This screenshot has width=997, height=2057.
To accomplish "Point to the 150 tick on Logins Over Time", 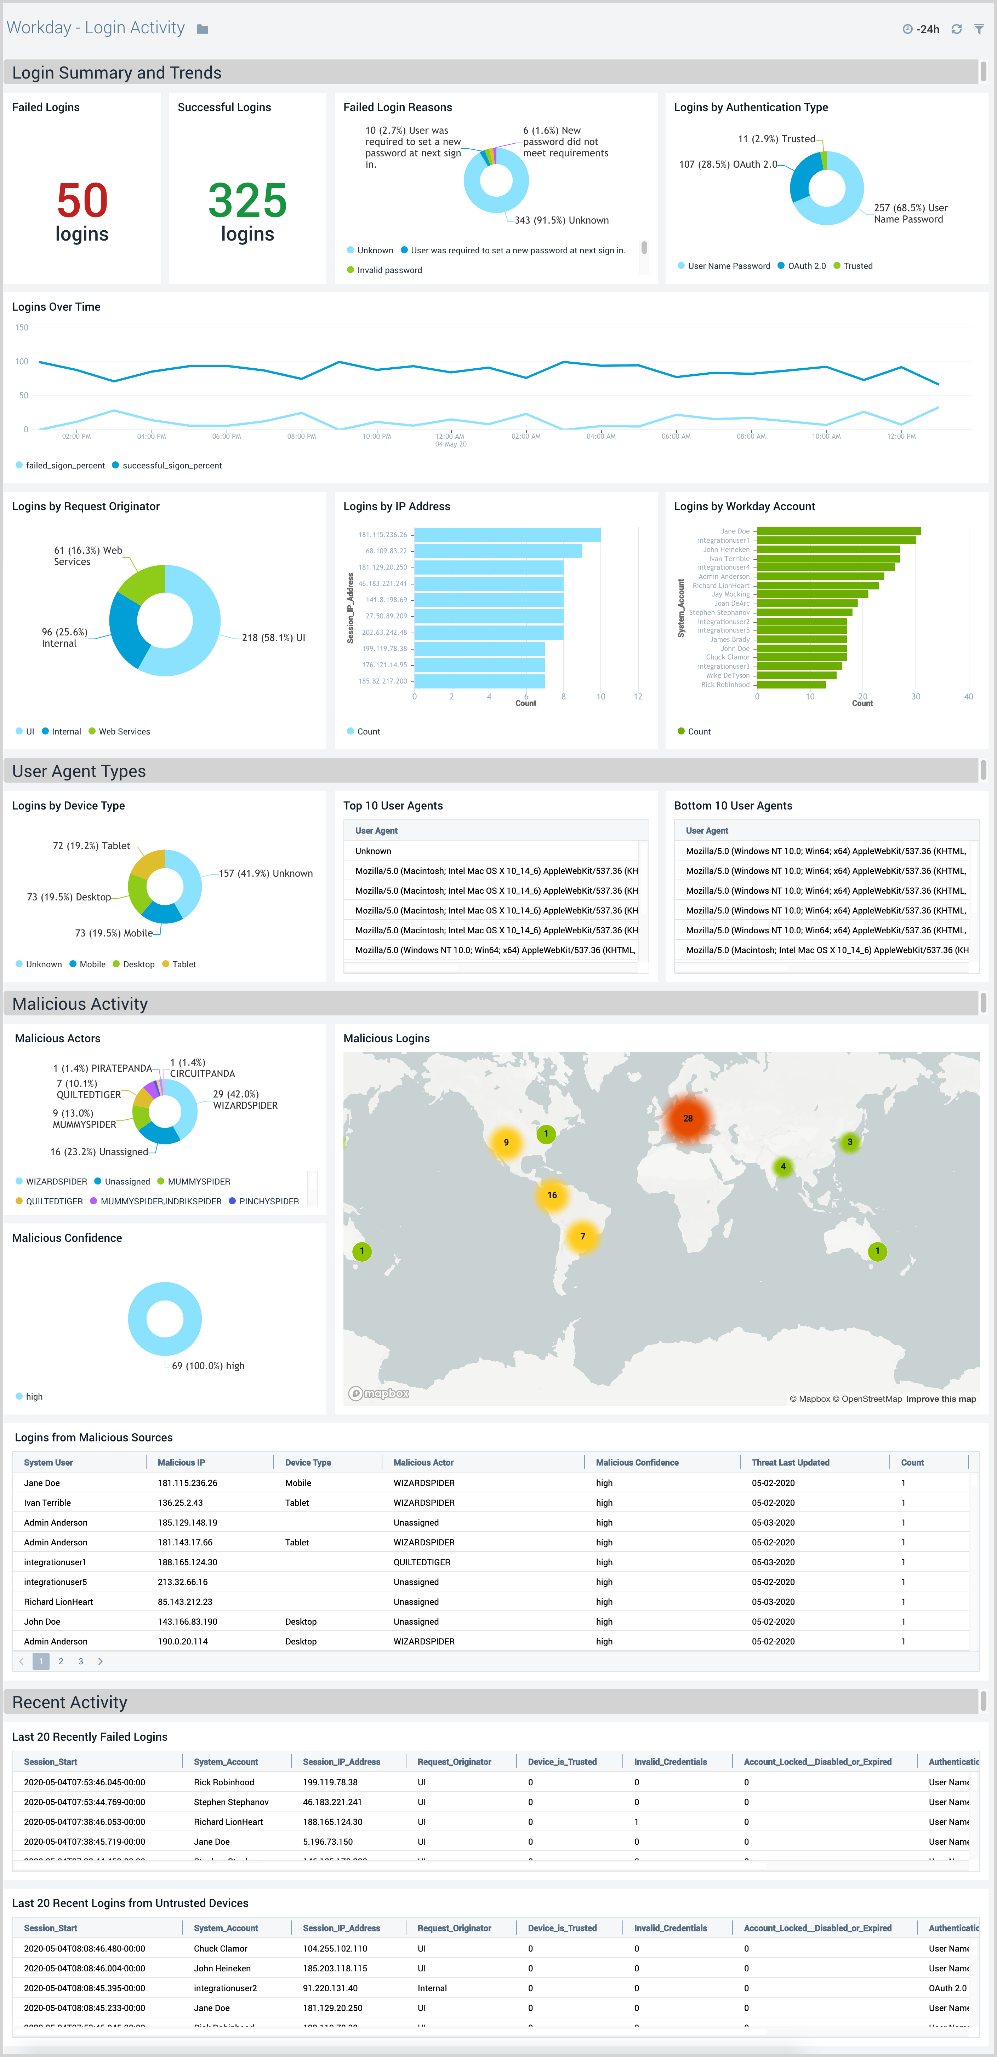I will click(x=22, y=327).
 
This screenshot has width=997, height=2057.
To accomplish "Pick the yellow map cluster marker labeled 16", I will click(x=552, y=1195).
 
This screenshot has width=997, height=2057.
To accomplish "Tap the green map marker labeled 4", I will click(x=783, y=1166).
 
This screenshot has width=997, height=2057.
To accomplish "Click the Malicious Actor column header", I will click(x=423, y=1462).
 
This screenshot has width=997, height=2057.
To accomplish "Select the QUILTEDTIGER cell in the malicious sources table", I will click(x=422, y=1562).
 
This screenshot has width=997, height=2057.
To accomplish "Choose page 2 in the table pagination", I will click(x=61, y=1661).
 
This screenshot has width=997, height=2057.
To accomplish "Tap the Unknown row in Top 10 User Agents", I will click(x=373, y=851).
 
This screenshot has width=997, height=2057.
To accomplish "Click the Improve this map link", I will click(x=940, y=1399).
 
